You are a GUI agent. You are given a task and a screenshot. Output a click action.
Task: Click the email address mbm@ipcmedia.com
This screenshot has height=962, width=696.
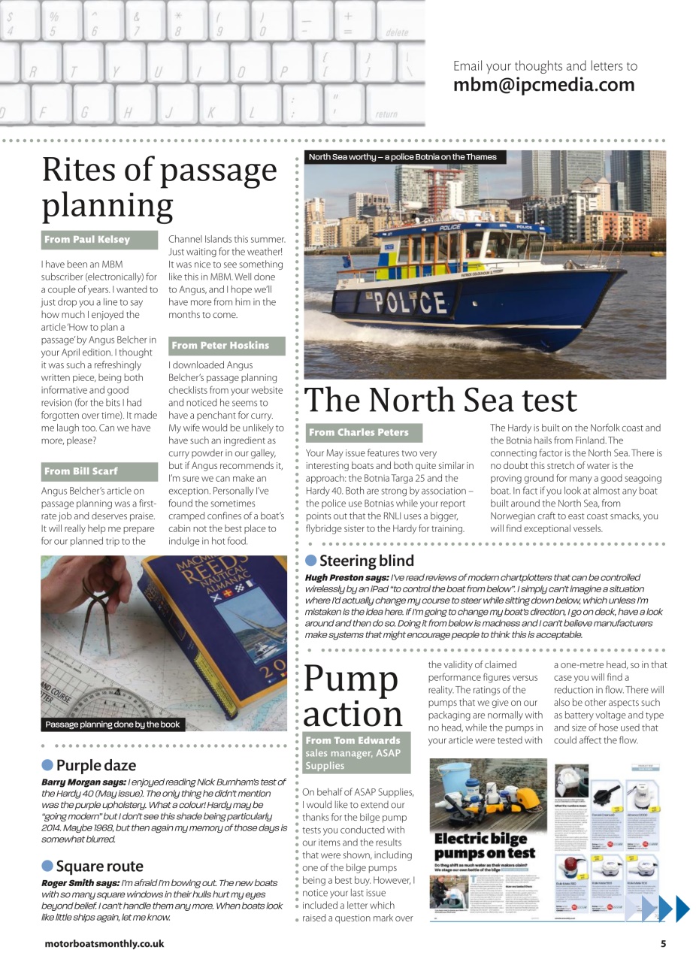(x=543, y=85)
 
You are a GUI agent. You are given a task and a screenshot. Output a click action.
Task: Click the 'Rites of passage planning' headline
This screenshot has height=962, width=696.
(x=159, y=186)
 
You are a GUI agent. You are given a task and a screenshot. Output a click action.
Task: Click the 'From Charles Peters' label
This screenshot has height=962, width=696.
(x=364, y=432)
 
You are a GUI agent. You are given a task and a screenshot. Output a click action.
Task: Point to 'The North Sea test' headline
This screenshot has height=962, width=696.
(x=440, y=400)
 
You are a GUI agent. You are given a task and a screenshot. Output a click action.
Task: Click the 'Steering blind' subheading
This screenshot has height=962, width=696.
(x=366, y=561)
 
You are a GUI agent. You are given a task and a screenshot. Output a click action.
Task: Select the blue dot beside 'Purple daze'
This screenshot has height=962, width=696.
(x=47, y=765)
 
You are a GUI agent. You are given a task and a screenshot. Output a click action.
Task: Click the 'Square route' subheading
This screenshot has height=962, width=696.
(x=98, y=867)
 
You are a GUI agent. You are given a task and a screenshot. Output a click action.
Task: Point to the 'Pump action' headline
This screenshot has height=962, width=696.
(x=352, y=695)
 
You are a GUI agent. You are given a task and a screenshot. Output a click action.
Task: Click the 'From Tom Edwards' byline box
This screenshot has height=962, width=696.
(x=356, y=752)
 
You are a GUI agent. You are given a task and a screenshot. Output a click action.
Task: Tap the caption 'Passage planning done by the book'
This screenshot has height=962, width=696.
(x=113, y=725)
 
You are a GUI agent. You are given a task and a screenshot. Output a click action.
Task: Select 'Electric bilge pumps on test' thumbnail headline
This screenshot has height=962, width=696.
(x=485, y=846)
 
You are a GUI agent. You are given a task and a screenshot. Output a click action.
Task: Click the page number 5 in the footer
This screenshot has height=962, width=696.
(x=663, y=944)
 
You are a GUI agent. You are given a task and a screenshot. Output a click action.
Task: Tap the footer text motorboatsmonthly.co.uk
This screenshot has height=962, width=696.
(x=104, y=944)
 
